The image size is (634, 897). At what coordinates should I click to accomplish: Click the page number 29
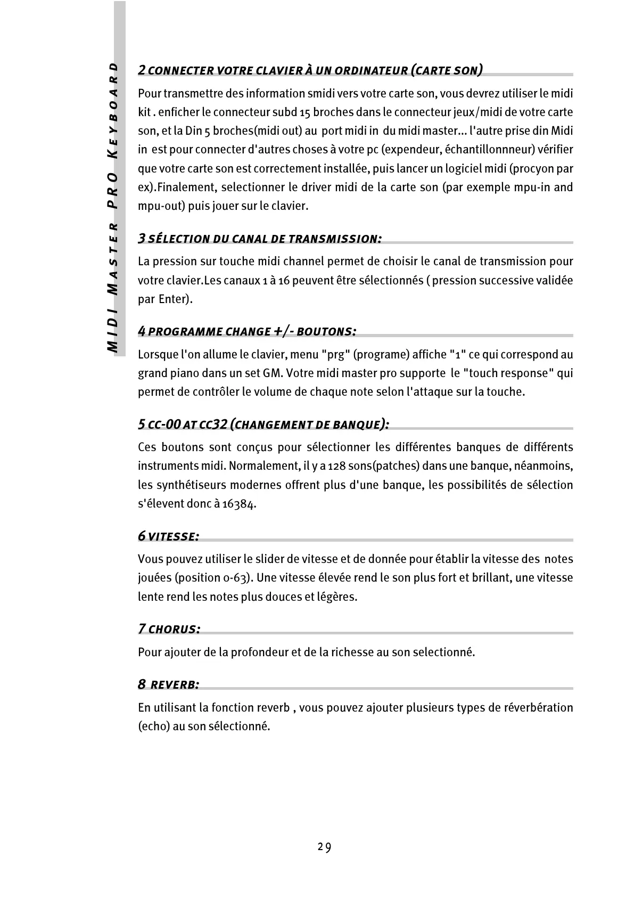324,847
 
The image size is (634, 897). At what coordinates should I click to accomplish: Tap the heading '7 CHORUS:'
169,629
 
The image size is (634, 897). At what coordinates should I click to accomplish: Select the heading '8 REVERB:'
169,685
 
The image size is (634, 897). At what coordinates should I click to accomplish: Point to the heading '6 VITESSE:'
169,536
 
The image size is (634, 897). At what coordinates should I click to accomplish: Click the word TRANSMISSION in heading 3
335,239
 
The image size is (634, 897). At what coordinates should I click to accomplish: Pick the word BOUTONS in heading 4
326,332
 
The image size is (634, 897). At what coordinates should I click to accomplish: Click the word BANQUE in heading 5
356,425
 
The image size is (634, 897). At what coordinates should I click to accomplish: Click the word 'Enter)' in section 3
176,299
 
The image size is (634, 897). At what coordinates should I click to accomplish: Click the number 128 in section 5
337,466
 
